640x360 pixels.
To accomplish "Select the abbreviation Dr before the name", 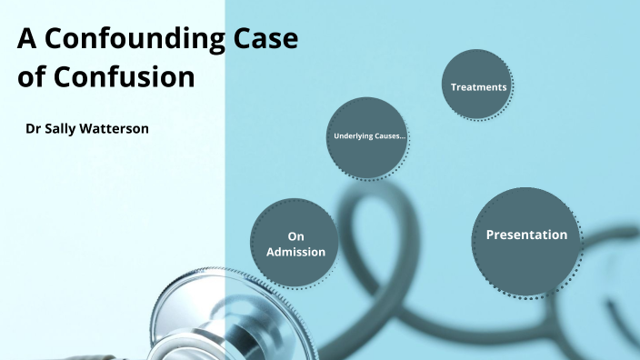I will (x=35, y=129).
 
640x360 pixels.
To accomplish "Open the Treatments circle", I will (x=478, y=85).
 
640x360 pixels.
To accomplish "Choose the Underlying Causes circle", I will (x=367, y=137).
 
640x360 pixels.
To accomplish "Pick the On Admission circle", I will (x=295, y=244).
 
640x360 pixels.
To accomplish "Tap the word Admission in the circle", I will (x=295, y=252).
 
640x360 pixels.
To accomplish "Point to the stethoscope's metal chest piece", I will (x=195, y=318).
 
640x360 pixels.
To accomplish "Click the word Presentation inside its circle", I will (x=526, y=235).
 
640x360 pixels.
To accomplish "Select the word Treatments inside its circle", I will (x=478, y=87).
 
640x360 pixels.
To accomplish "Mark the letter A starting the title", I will (x=26, y=42).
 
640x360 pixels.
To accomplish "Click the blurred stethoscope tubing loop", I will (x=382, y=245).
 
